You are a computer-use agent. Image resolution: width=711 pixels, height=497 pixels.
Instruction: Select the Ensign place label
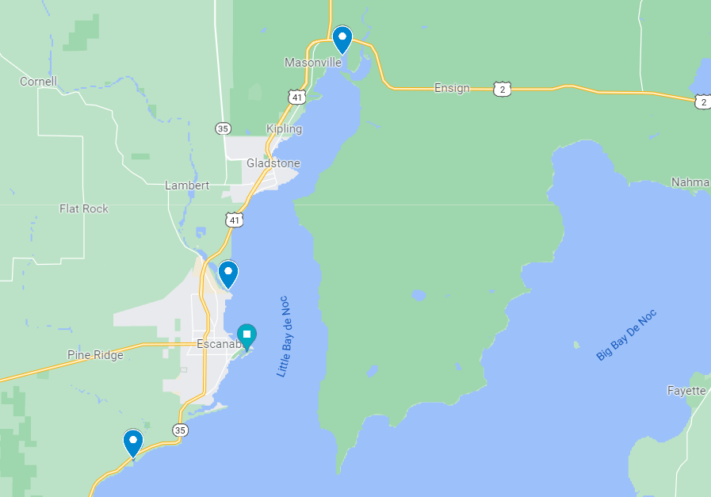coord(452,88)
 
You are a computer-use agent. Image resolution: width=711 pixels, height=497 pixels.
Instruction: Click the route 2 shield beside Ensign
coord(502,89)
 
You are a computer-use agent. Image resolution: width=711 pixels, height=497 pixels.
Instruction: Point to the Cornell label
coord(38,82)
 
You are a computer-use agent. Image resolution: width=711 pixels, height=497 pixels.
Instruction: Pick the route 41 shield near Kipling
coord(296,97)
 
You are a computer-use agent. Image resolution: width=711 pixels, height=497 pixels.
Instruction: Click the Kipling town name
coord(284,128)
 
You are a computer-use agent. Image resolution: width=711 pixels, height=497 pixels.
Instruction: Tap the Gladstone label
coord(273,163)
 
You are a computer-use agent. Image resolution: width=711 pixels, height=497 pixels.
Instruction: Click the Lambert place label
coord(187,185)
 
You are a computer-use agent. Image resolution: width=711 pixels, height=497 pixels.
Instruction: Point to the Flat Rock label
coord(84,208)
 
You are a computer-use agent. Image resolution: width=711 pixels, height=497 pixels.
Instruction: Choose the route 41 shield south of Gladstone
coord(233,220)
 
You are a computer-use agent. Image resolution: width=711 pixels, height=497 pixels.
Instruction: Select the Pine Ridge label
coord(95,355)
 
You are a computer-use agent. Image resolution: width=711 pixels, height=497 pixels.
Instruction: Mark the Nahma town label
coord(690,182)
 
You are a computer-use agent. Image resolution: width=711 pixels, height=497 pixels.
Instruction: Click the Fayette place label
coord(686,391)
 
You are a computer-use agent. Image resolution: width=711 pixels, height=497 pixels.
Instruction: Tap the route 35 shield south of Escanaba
coord(180,430)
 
